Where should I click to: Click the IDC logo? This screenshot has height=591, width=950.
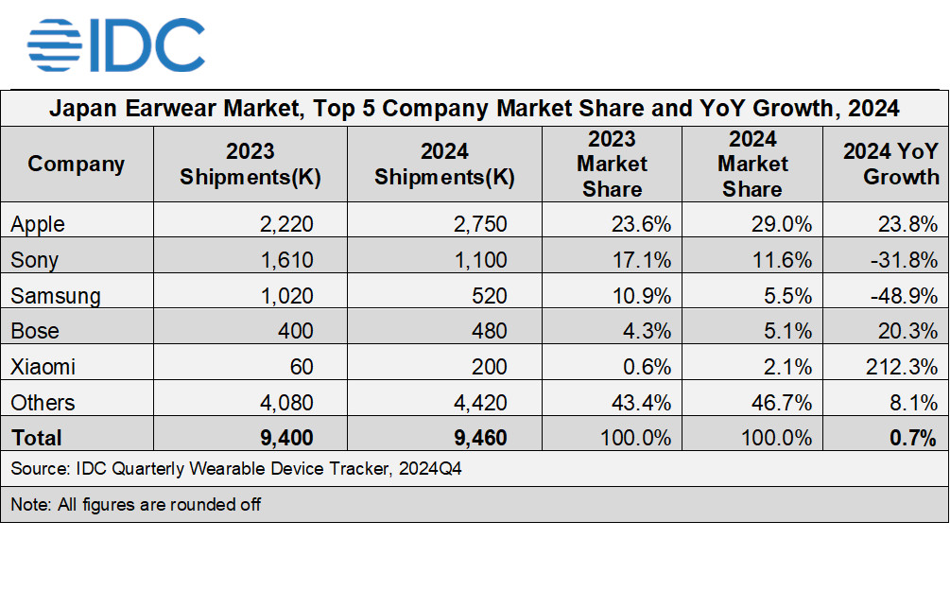pos(115,44)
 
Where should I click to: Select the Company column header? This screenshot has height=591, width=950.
pos(77,164)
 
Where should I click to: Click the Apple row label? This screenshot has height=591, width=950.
pos(38,224)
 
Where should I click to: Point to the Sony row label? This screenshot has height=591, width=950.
pos(34,260)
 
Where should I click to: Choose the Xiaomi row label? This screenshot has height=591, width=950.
pos(43,367)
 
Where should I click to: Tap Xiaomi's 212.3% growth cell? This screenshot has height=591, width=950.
pos(902,367)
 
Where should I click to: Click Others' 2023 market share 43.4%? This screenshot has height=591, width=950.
pos(640,403)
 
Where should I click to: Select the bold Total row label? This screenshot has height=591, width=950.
pos(36,438)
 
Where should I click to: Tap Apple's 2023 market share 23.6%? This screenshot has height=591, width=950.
pos(641,224)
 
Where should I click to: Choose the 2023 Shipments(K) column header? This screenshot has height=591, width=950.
pos(250,164)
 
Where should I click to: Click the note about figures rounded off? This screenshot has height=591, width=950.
pos(135,504)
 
